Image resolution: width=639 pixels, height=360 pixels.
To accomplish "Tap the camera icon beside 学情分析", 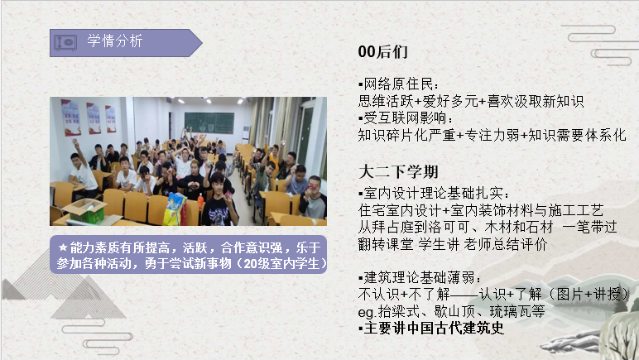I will coord(67,41).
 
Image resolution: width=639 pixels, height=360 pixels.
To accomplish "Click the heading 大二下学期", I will coord(398,172).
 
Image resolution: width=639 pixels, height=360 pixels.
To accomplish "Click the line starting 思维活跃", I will coord(470,101).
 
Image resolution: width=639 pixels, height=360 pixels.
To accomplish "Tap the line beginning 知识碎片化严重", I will coord(492,134).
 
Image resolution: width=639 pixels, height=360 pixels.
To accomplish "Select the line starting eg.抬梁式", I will coord(450,311).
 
